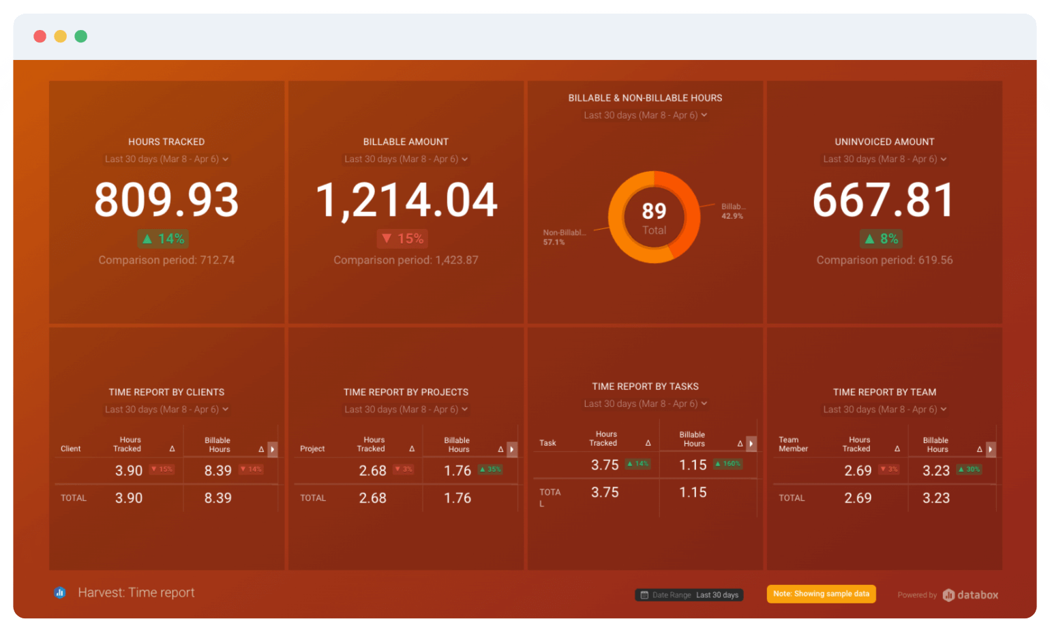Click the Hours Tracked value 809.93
coord(166,200)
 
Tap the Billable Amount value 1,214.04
coord(406,200)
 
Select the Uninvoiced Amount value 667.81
coord(884,200)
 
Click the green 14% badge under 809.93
coord(164,239)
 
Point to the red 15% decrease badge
coord(402,239)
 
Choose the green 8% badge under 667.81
coord(881,239)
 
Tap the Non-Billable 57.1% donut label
coord(563,237)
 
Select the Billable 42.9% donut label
coord(733,211)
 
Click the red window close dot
coord(40,36)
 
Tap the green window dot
coord(81,36)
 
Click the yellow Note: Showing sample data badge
coord(821,594)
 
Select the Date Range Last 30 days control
coord(689,595)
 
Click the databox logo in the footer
coord(970,595)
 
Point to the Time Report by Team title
coord(884,392)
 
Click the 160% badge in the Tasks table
coord(727,464)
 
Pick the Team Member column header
coord(793,445)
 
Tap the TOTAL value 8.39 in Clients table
coord(217,498)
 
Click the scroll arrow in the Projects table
coord(512,449)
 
